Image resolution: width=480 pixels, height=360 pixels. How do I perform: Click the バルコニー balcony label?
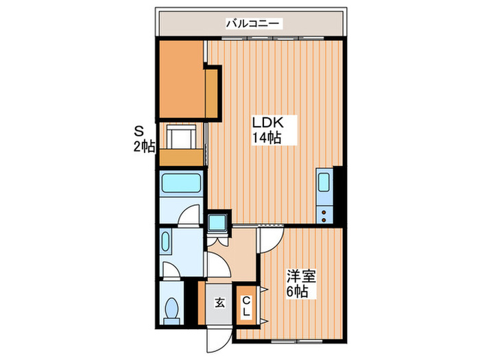252,24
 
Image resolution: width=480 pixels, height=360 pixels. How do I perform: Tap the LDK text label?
267,123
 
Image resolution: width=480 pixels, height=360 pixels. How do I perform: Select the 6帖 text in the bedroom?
297,292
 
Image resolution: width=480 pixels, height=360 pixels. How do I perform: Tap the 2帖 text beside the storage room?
144,146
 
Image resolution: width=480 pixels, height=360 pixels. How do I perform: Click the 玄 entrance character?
218,302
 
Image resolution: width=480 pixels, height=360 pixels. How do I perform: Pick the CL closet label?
245,305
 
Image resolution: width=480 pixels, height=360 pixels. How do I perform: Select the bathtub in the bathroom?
181,184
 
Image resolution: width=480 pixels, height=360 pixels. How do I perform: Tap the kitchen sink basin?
324,186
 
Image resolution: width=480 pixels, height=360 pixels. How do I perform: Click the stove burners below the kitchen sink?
324,213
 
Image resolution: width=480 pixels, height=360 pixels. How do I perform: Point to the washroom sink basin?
167,243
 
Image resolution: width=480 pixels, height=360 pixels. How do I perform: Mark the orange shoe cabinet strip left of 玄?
202,302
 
